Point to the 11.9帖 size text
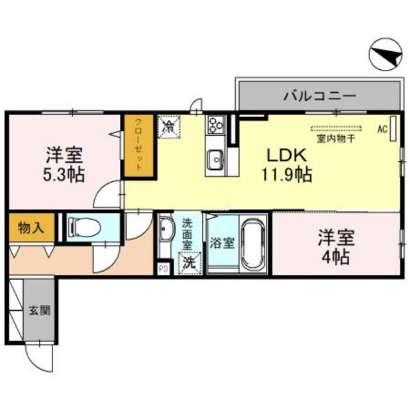(x=286, y=174)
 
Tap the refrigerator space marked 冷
(x=169, y=126)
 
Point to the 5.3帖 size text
(x=64, y=173)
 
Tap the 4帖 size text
(x=334, y=259)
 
